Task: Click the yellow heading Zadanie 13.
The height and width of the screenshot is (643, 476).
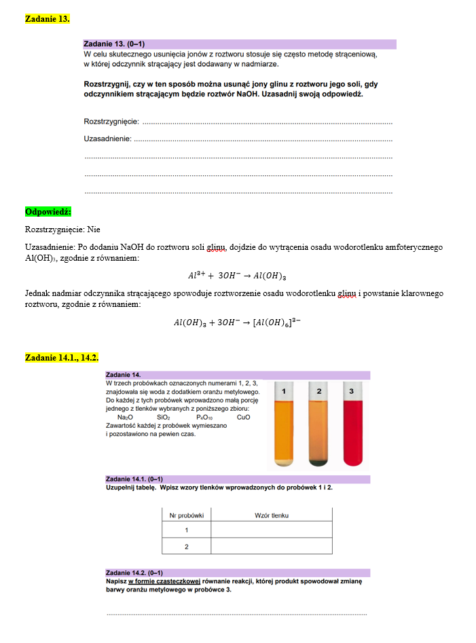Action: click(47, 19)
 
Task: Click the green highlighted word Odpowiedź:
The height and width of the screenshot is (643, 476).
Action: click(48, 212)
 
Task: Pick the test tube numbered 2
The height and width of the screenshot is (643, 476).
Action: click(318, 426)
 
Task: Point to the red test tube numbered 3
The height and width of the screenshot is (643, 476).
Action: click(350, 426)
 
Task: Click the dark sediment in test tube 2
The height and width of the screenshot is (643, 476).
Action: click(318, 462)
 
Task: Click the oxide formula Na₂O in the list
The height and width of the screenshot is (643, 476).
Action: click(125, 417)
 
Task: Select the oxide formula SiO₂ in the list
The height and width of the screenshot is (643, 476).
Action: click(164, 417)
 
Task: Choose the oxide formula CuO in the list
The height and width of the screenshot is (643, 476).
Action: click(243, 417)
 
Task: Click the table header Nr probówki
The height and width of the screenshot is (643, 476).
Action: click(186, 515)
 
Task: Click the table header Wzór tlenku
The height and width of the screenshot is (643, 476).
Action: click(272, 515)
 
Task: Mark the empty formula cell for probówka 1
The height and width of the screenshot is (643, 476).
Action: click(272, 530)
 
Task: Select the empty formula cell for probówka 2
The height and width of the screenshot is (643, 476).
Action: click(272, 547)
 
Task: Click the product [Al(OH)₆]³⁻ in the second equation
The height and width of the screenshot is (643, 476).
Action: click(277, 323)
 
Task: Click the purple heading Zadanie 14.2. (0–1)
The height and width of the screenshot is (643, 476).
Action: click(134, 572)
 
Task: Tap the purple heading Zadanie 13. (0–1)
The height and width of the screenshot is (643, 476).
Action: click(114, 43)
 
